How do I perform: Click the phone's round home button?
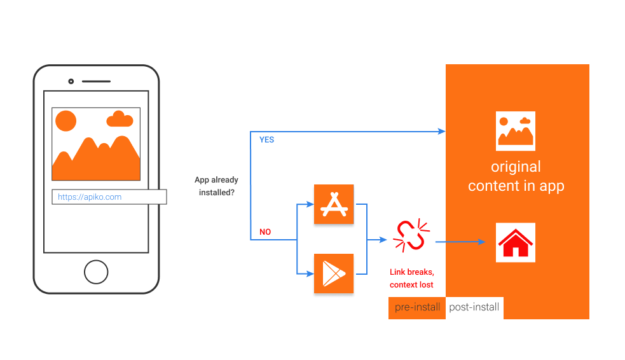click(x=96, y=272)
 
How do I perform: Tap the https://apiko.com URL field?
click(x=109, y=197)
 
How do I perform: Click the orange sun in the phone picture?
click(x=65, y=121)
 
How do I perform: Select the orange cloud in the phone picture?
click(x=120, y=119)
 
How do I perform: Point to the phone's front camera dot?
click(x=71, y=81)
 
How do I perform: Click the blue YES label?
click(x=266, y=140)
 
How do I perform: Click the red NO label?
click(x=265, y=232)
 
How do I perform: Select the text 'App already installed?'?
click(x=216, y=186)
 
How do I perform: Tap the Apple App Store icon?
click(x=334, y=204)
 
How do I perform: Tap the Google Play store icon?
click(x=334, y=273)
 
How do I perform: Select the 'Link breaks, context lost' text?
click(x=411, y=278)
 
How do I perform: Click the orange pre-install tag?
click(x=417, y=307)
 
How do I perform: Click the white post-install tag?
click(x=474, y=307)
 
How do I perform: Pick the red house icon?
click(x=515, y=242)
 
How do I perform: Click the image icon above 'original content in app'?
click(x=515, y=130)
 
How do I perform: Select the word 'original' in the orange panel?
click(x=516, y=167)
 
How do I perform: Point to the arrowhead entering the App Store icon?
click(x=311, y=204)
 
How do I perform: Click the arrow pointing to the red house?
click(x=461, y=242)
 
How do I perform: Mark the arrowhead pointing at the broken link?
click(x=383, y=240)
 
